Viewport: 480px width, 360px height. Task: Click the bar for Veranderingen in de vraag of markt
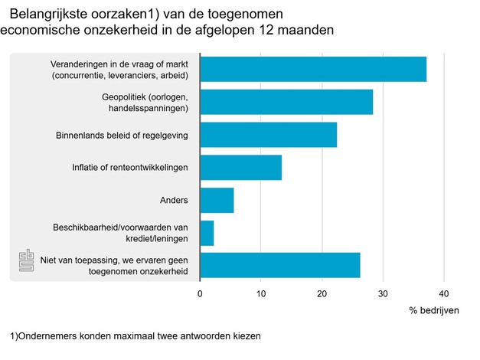[312, 70]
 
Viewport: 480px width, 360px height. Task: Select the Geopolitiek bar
[286, 102]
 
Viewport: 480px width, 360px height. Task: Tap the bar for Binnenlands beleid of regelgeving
[268, 135]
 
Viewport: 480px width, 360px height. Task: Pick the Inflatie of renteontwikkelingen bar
[240, 167]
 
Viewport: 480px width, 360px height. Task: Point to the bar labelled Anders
[217, 200]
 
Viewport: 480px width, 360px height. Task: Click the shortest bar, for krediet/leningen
[207, 233]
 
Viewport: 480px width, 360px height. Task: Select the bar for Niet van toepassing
[279, 265]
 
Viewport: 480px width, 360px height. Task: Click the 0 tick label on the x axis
[200, 293]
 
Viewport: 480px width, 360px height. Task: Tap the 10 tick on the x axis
[261, 293]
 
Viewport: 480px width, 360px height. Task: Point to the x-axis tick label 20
[322, 293]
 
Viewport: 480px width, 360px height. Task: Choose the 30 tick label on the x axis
[383, 293]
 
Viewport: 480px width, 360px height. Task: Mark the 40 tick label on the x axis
[443, 293]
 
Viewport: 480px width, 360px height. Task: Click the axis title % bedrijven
[434, 310]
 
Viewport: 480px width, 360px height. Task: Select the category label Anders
[175, 201]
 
